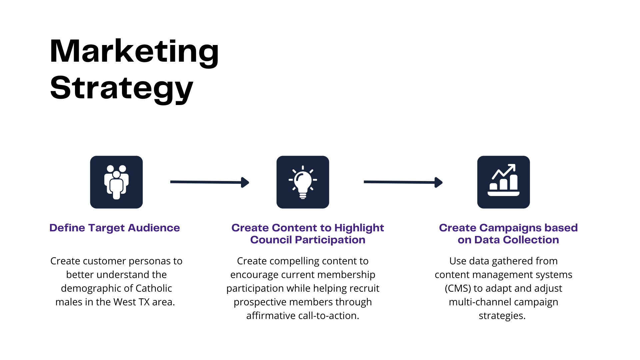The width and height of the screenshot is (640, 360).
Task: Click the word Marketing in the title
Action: point(134,52)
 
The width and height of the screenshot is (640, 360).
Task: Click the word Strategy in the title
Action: point(121,88)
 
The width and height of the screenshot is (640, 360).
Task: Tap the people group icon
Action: point(116,182)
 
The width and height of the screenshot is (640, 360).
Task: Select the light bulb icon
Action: point(303,182)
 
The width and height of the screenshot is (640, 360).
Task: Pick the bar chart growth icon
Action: point(503,182)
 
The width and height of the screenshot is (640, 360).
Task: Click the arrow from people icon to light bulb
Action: point(209,182)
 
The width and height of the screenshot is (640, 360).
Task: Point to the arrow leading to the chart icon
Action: point(403,182)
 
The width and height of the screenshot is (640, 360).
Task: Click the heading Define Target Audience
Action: point(115,228)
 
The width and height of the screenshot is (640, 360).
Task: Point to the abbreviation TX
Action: point(144,302)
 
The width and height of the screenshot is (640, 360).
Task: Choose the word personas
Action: point(149,261)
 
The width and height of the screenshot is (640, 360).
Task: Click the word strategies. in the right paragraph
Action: point(502,316)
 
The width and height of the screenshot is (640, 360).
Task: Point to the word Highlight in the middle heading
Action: point(359,228)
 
